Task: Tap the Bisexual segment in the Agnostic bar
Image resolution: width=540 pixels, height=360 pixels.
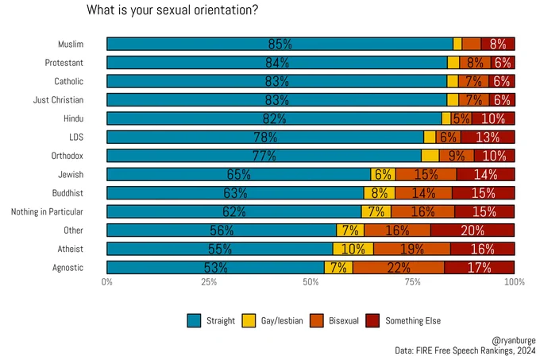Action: pos(399,268)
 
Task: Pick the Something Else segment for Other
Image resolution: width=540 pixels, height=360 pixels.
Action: pos(472,230)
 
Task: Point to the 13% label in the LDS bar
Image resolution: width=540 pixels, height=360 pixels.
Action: pos(488,137)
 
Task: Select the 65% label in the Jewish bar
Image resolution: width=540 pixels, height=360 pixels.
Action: pos(238,175)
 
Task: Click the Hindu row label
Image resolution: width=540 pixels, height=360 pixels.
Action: pos(73,118)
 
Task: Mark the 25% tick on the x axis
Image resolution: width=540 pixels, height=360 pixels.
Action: pos(209,282)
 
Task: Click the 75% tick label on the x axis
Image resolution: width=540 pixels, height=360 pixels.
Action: pos(413,282)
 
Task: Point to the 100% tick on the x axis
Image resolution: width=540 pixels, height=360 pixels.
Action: pos(514,282)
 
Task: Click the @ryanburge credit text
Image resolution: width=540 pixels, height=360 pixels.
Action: pos(514,338)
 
